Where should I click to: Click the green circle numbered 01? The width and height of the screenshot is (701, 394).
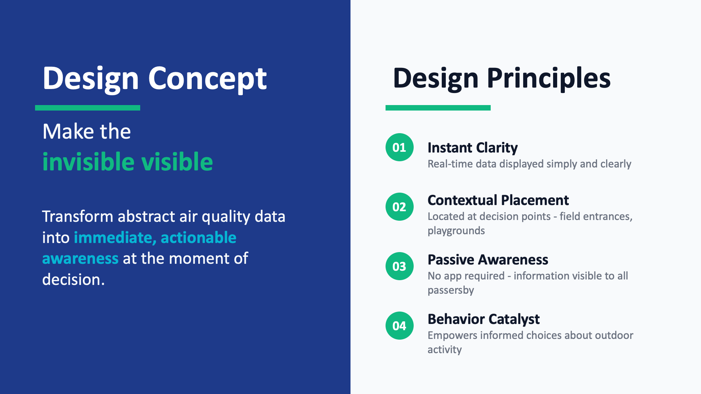click(399, 147)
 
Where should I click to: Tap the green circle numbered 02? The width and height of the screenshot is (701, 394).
click(399, 206)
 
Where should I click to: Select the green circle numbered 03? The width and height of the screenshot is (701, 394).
click(399, 266)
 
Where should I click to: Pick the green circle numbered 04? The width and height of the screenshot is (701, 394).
click(399, 325)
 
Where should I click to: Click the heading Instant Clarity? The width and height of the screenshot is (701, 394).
click(472, 148)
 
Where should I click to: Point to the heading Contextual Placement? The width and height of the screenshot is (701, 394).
click(498, 200)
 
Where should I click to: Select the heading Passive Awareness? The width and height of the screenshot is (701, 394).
click(488, 260)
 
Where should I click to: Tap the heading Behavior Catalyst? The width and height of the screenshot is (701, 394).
click(483, 319)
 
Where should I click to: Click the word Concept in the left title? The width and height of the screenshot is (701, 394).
click(207, 79)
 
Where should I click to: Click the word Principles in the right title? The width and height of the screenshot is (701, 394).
click(548, 79)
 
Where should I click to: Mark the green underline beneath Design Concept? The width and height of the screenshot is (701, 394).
click(88, 108)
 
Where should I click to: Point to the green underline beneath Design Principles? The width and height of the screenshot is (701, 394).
click(438, 108)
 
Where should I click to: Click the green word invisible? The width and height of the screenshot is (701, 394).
click(89, 162)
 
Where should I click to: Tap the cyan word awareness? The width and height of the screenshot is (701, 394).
click(80, 259)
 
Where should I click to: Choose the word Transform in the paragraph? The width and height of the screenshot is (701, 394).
click(78, 217)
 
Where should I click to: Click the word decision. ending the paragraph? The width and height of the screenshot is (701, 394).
click(73, 279)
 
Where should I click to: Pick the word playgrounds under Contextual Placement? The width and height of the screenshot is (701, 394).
click(456, 231)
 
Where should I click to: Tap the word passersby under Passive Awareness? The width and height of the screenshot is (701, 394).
click(451, 290)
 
